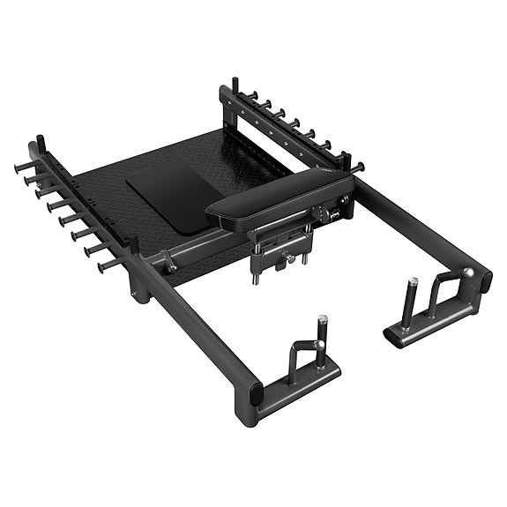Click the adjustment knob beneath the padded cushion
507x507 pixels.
pos(286,259)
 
